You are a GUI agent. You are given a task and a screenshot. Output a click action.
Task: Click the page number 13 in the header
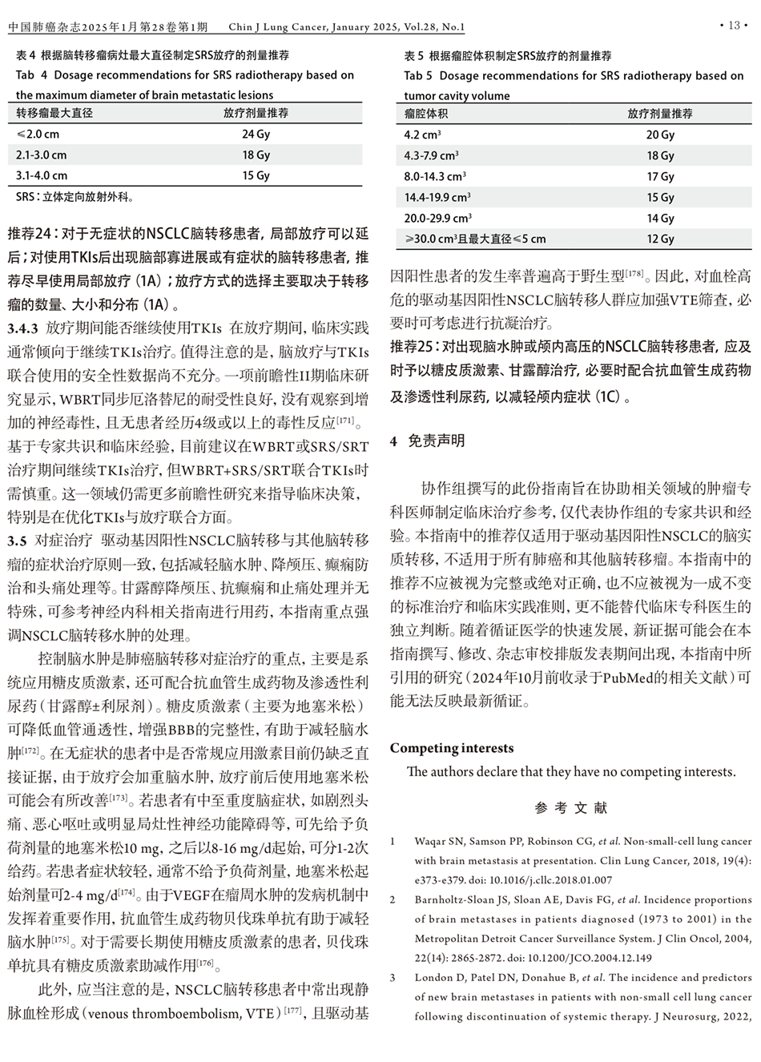pyautogui.click(x=733, y=26)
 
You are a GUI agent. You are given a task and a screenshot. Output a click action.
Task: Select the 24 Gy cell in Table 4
pyautogui.click(x=256, y=135)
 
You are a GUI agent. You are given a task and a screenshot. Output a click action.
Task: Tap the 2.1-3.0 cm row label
pyautogui.click(x=41, y=155)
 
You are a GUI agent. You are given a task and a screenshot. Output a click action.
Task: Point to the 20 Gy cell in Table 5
pyautogui.click(x=660, y=135)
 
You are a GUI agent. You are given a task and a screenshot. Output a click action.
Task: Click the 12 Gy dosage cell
pyautogui.click(x=660, y=239)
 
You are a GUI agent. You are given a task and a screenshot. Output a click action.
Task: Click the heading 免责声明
pyautogui.click(x=436, y=440)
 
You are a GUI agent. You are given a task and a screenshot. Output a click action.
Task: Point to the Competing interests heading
pyautogui.click(x=452, y=748)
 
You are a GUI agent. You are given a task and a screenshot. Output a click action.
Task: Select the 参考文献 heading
pyautogui.click(x=571, y=807)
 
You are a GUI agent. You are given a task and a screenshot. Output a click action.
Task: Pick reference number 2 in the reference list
pyautogui.click(x=393, y=900)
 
